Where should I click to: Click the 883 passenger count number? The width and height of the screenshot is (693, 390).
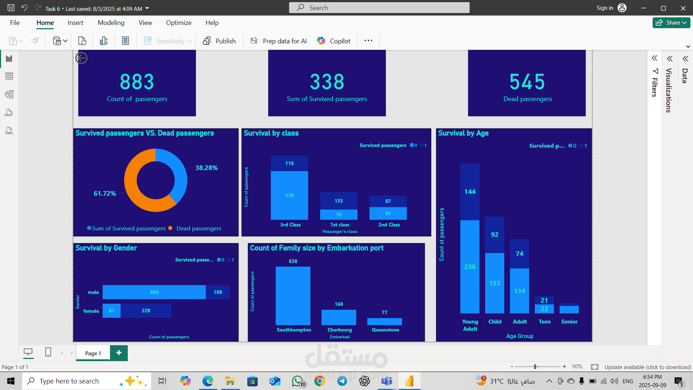pyautogui.click(x=137, y=82)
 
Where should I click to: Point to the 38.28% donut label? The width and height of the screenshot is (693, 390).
pyautogui.click(x=206, y=168)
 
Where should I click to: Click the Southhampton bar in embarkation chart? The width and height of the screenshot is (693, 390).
pyautogui.click(x=293, y=296)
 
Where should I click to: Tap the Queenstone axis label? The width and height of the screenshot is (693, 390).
pyautogui.click(x=385, y=330)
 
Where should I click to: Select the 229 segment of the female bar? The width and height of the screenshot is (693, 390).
pyautogui.click(x=146, y=311)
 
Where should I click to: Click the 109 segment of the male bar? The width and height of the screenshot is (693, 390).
pyautogui.click(x=218, y=292)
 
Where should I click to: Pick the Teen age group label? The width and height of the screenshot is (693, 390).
pyautogui.click(x=545, y=322)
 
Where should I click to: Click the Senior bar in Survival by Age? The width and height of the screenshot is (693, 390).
pyautogui.click(x=569, y=309)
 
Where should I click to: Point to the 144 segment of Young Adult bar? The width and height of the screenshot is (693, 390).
pyautogui.click(x=470, y=192)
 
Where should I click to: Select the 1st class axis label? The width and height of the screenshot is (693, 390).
pyautogui.click(x=340, y=225)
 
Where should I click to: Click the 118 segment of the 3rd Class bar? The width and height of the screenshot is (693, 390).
pyautogui.click(x=289, y=164)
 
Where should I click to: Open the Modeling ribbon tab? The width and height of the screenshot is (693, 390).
pyautogui.click(x=111, y=23)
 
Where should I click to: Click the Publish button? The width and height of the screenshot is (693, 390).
pyautogui.click(x=219, y=41)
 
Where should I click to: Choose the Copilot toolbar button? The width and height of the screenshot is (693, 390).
pyautogui.click(x=334, y=41)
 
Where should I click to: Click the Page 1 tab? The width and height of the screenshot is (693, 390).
pyautogui.click(x=93, y=353)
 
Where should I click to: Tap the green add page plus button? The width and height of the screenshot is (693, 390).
pyautogui.click(x=119, y=353)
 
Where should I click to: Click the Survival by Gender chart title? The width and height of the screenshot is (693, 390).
pyautogui.click(x=106, y=248)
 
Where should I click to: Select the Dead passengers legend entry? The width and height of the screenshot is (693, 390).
pyautogui.click(x=199, y=229)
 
